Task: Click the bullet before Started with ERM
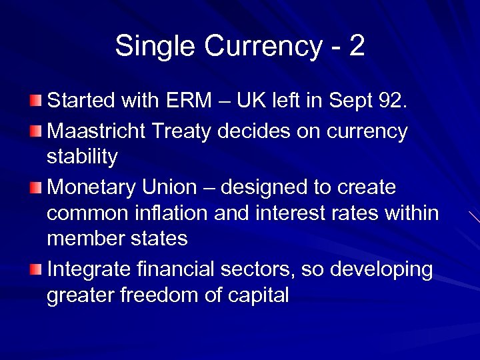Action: (35, 101)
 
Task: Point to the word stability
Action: (82, 157)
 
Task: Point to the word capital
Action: (257, 295)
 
